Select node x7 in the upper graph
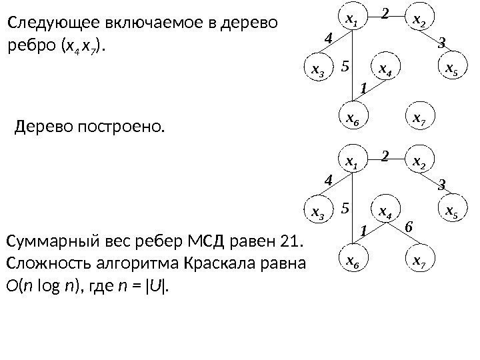(x=419, y=119)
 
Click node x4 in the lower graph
(x=385, y=212)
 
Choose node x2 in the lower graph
(x=419, y=163)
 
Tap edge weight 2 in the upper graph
(x=385, y=11)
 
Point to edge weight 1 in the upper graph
(x=363, y=87)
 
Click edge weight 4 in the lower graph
(x=327, y=180)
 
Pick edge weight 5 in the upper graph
(x=345, y=66)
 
